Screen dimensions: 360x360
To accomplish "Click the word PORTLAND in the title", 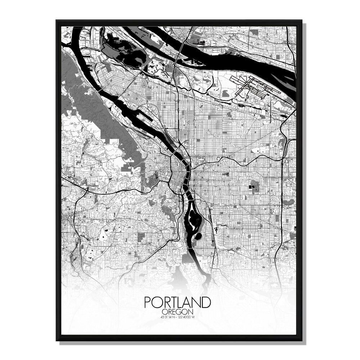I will point(177,302).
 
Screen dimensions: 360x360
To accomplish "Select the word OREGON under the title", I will point(177,311).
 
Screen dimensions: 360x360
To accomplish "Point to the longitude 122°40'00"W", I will point(189,317).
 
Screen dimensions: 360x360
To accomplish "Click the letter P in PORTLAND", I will point(148,302).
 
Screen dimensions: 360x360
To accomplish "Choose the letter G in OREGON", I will point(181,311).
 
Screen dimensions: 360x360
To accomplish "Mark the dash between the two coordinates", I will point(177,317).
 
